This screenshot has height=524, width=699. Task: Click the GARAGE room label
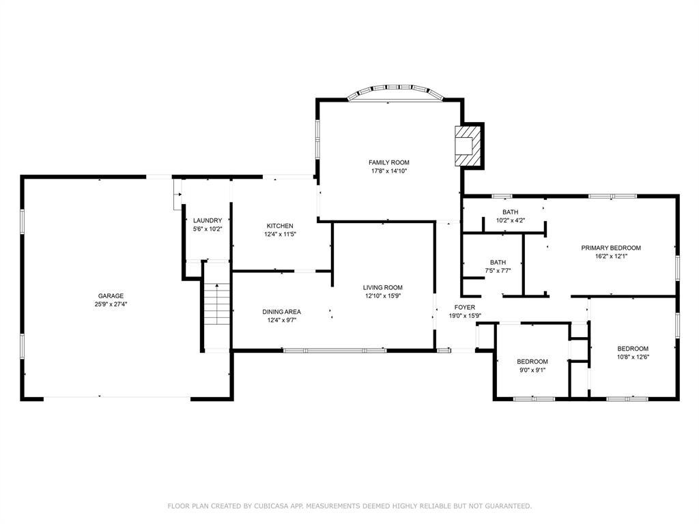click(111, 296)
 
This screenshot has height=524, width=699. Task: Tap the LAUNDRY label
click(208, 220)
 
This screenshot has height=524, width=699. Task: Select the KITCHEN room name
click(280, 226)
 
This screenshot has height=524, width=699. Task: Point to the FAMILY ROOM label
click(388, 162)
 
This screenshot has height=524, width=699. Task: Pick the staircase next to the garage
click(217, 304)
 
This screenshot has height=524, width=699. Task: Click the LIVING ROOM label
click(382, 288)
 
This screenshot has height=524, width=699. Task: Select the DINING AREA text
click(281, 312)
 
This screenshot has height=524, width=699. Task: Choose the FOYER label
click(464, 308)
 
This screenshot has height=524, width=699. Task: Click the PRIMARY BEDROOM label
click(611, 248)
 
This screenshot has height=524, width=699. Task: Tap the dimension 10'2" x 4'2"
click(511, 220)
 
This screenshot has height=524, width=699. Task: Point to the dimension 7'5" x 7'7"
click(498, 270)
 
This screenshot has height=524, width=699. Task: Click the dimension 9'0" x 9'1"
click(532, 370)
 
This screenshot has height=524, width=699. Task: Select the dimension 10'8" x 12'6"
click(633, 357)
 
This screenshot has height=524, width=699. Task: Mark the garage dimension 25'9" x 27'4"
click(111, 304)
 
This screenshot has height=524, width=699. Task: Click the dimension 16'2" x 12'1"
click(611, 257)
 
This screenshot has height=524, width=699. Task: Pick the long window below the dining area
click(334, 351)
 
